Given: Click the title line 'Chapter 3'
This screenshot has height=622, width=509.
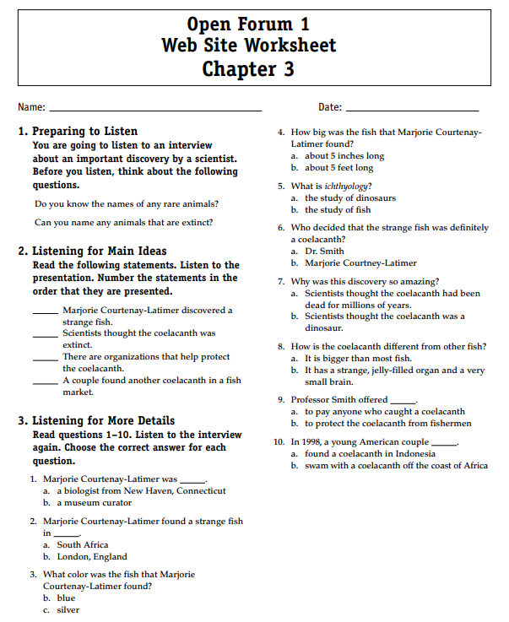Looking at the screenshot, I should click(x=248, y=68).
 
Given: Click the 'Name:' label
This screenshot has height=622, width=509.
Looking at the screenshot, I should click(x=30, y=107).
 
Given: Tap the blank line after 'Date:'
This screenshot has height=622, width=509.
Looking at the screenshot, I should click(x=412, y=109).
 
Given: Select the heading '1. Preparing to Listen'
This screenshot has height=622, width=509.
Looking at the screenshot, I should click(x=78, y=131).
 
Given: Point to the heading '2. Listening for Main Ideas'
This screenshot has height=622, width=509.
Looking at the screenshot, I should click(x=92, y=251).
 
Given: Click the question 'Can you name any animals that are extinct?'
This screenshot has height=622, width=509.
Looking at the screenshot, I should click(x=123, y=223).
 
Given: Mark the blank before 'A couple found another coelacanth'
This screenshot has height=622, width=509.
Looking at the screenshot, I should click(x=46, y=381).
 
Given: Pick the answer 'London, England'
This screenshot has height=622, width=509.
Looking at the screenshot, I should click(x=92, y=556).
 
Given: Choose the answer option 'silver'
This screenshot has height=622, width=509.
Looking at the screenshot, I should click(x=68, y=609).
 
